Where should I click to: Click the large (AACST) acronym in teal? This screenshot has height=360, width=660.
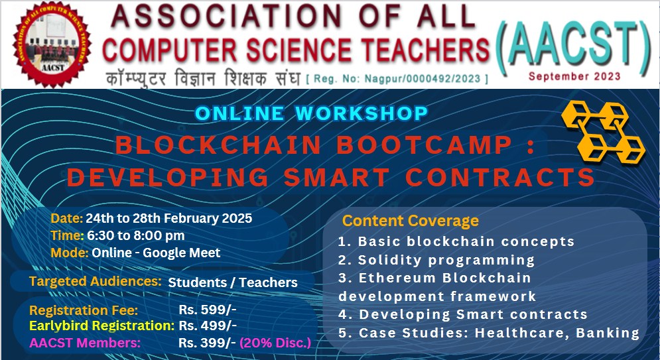574,42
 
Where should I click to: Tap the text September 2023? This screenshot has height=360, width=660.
574,76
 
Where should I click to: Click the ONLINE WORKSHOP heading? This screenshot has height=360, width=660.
311,113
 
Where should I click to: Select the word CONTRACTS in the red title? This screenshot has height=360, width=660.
500,177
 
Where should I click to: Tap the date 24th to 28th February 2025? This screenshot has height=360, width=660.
168,217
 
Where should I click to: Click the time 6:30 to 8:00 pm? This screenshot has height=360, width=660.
135,235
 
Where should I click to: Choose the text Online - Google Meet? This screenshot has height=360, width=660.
156,252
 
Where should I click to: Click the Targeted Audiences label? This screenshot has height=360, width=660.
96,282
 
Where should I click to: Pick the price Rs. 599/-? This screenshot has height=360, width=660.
208,309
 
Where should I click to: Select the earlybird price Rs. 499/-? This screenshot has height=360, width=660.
208,326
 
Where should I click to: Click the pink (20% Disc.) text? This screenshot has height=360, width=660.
275,343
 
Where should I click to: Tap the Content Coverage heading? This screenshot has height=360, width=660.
410,221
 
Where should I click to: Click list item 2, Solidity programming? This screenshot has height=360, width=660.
436,259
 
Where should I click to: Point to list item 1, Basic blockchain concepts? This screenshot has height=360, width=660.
456,241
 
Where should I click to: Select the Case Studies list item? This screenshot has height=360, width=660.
489,333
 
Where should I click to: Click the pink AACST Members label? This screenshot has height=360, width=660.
85,343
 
